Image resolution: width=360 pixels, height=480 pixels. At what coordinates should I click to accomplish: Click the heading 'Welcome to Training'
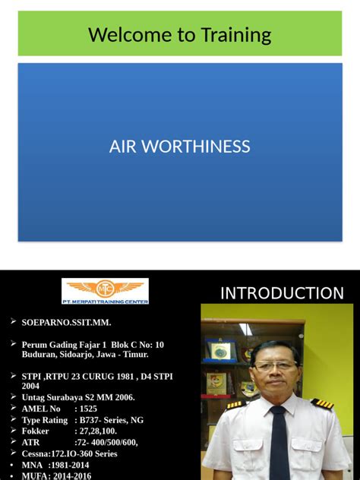tap(180, 34)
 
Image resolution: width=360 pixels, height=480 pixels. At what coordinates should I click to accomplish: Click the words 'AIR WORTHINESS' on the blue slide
tap(180, 147)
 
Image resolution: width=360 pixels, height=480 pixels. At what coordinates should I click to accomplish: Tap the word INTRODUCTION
tap(282, 293)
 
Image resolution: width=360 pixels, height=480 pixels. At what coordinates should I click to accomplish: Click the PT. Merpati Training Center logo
tap(105, 291)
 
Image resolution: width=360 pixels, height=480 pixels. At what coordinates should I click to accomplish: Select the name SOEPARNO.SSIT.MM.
tap(66, 323)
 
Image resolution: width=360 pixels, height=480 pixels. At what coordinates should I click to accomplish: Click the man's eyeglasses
tap(275, 366)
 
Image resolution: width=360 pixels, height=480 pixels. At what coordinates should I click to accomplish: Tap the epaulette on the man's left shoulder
tap(323, 404)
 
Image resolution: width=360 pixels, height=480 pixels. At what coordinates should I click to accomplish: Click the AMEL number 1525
tap(86, 409)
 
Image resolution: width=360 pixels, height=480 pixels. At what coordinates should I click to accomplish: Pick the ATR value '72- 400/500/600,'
tap(106, 442)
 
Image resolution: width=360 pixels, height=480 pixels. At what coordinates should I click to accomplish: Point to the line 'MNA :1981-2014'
tap(57, 465)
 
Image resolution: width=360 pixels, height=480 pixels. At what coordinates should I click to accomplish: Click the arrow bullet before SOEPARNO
tap(14, 322)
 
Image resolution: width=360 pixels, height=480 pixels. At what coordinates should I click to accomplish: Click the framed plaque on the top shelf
tap(221, 350)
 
